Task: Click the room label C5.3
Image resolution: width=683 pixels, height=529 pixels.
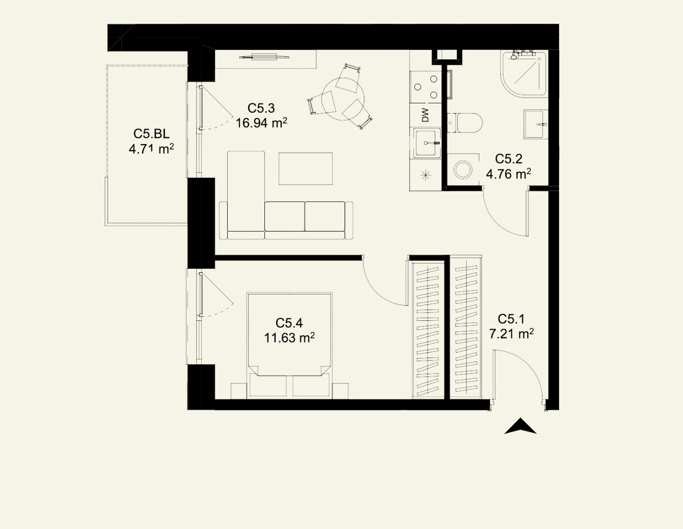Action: pos(261,108)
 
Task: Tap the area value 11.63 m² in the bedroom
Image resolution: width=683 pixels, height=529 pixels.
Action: pos(289,338)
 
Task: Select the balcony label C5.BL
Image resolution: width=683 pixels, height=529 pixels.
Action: pos(151,134)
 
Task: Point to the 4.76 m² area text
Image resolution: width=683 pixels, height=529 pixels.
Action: pos(509,173)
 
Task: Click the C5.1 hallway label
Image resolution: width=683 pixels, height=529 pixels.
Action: pos(511,319)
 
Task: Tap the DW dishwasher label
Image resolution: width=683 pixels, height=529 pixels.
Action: pos(425,115)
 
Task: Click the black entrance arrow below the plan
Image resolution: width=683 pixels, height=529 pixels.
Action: pos(520,426)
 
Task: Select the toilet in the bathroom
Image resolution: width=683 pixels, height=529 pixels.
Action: pos(465,123)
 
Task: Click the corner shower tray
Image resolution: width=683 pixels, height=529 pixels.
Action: pos(524,74)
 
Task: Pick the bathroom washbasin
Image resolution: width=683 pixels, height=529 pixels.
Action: pos(536,124)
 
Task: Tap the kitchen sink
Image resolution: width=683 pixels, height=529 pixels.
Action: pos(426,143)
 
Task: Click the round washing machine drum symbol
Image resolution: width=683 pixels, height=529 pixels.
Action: pos(463,170)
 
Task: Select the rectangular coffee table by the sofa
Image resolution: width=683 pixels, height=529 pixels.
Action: pos(306,168)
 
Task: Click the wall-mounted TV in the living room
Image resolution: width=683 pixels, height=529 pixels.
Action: pos(264,57)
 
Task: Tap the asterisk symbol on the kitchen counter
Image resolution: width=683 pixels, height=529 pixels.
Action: pos(425,175)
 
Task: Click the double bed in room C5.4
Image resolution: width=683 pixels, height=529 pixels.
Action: pos(289,345)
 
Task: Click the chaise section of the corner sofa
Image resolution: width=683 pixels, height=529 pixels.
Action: pos(246,195)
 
